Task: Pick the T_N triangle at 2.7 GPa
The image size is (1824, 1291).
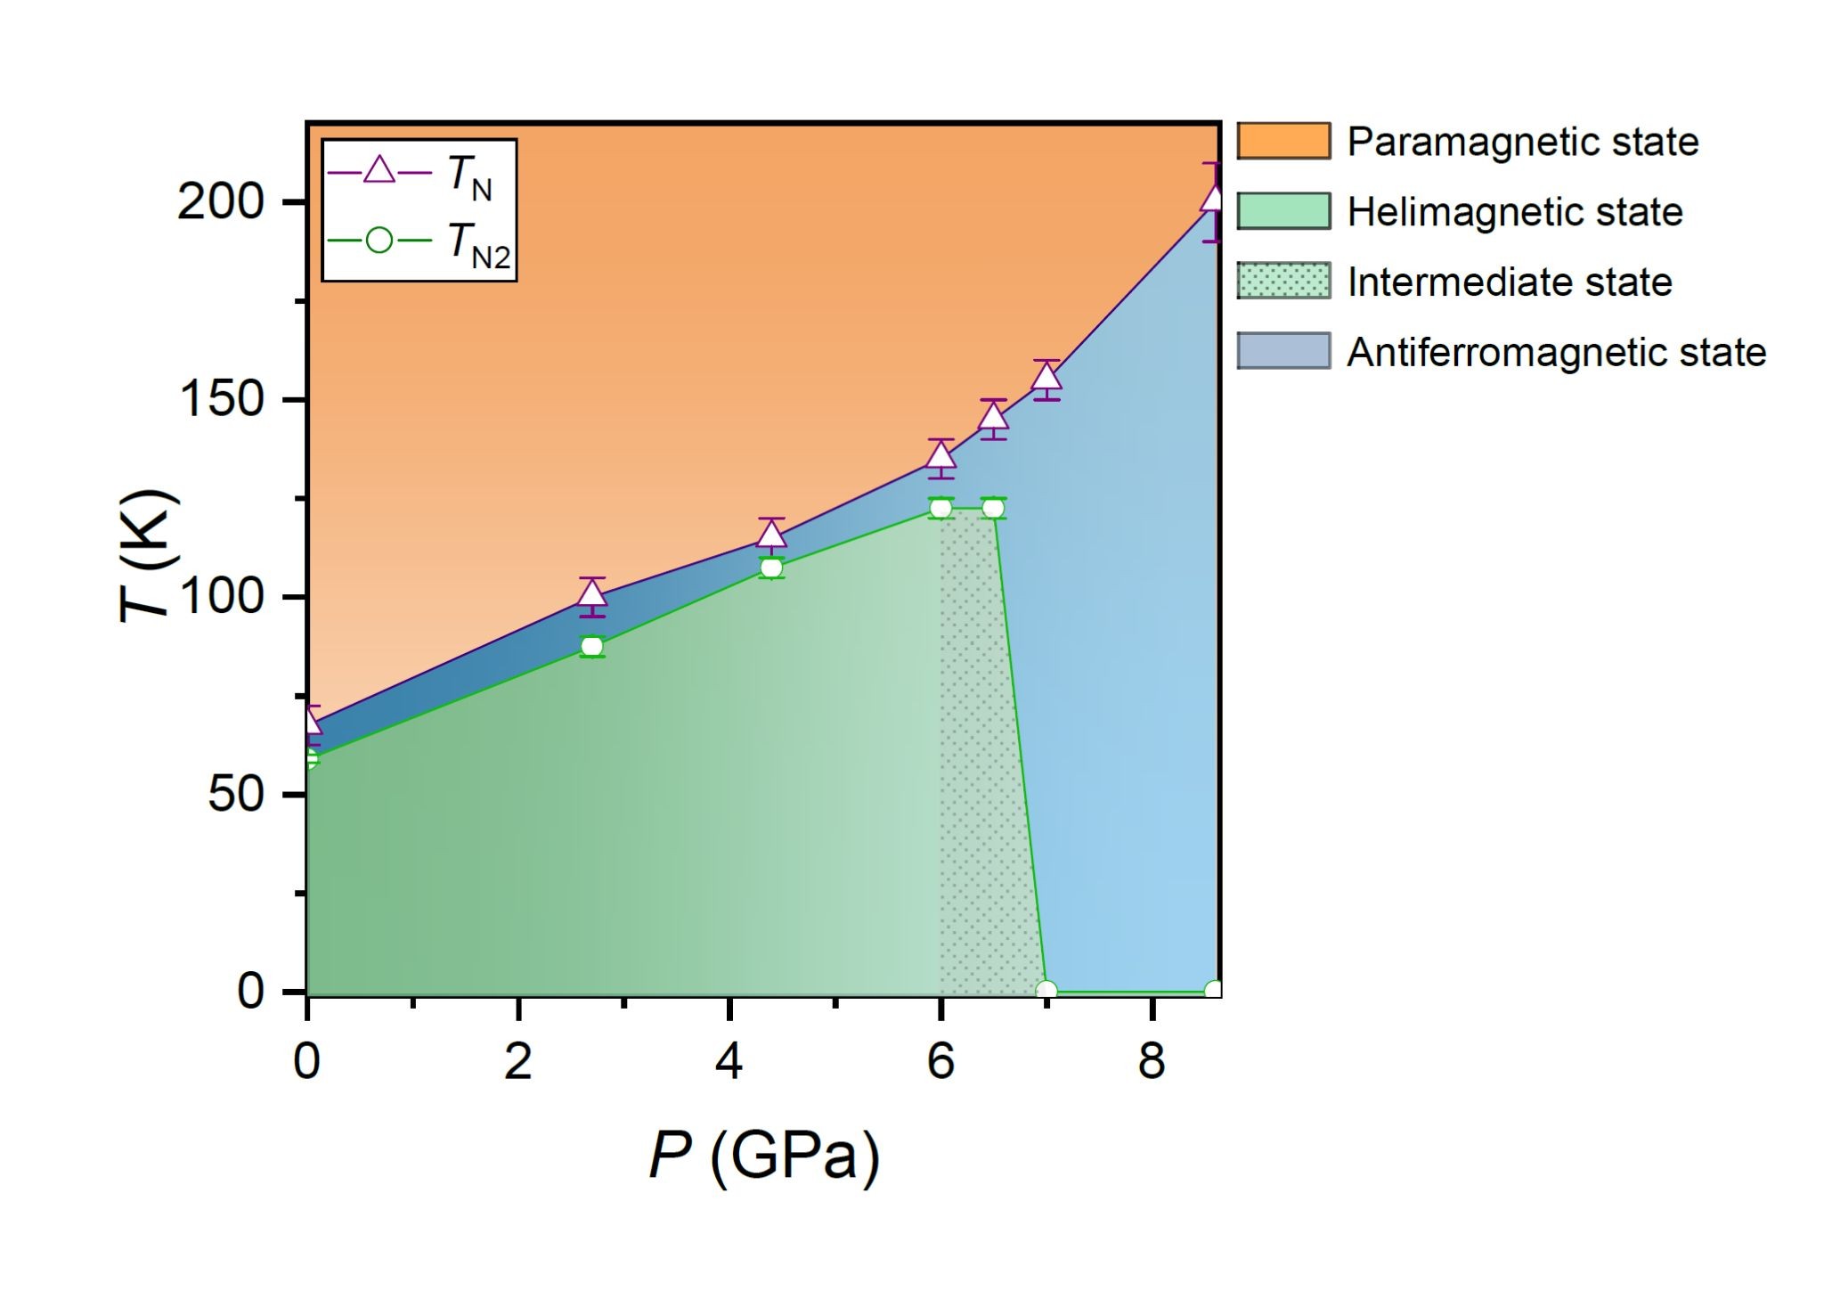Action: (x=592, y=594)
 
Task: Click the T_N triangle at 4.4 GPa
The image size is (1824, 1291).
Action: (x=771, y=535)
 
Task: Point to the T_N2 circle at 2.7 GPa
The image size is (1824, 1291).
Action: (x=592, y=647)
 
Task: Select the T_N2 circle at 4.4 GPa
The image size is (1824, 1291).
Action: (x=771, y=568)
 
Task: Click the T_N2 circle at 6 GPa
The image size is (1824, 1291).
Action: (x=940, y=509)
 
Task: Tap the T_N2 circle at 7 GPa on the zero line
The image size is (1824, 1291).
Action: (x=1046, y=991)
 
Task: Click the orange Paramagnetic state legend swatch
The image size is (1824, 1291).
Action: (x=1283, y=142)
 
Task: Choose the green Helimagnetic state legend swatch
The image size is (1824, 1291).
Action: (x=1283, y=211)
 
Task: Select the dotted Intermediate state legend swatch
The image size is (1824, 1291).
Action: (x=1283, y=282)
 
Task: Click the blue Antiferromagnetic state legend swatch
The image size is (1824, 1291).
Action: (x=1283, y=351)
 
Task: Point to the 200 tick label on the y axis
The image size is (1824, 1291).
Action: (x=208, y=203)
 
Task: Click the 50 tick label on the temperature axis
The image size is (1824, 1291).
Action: (x=236, y=794)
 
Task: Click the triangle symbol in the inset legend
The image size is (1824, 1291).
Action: (x=380, y=170)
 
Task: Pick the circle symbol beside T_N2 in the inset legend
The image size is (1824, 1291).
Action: (x=380, y=241)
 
